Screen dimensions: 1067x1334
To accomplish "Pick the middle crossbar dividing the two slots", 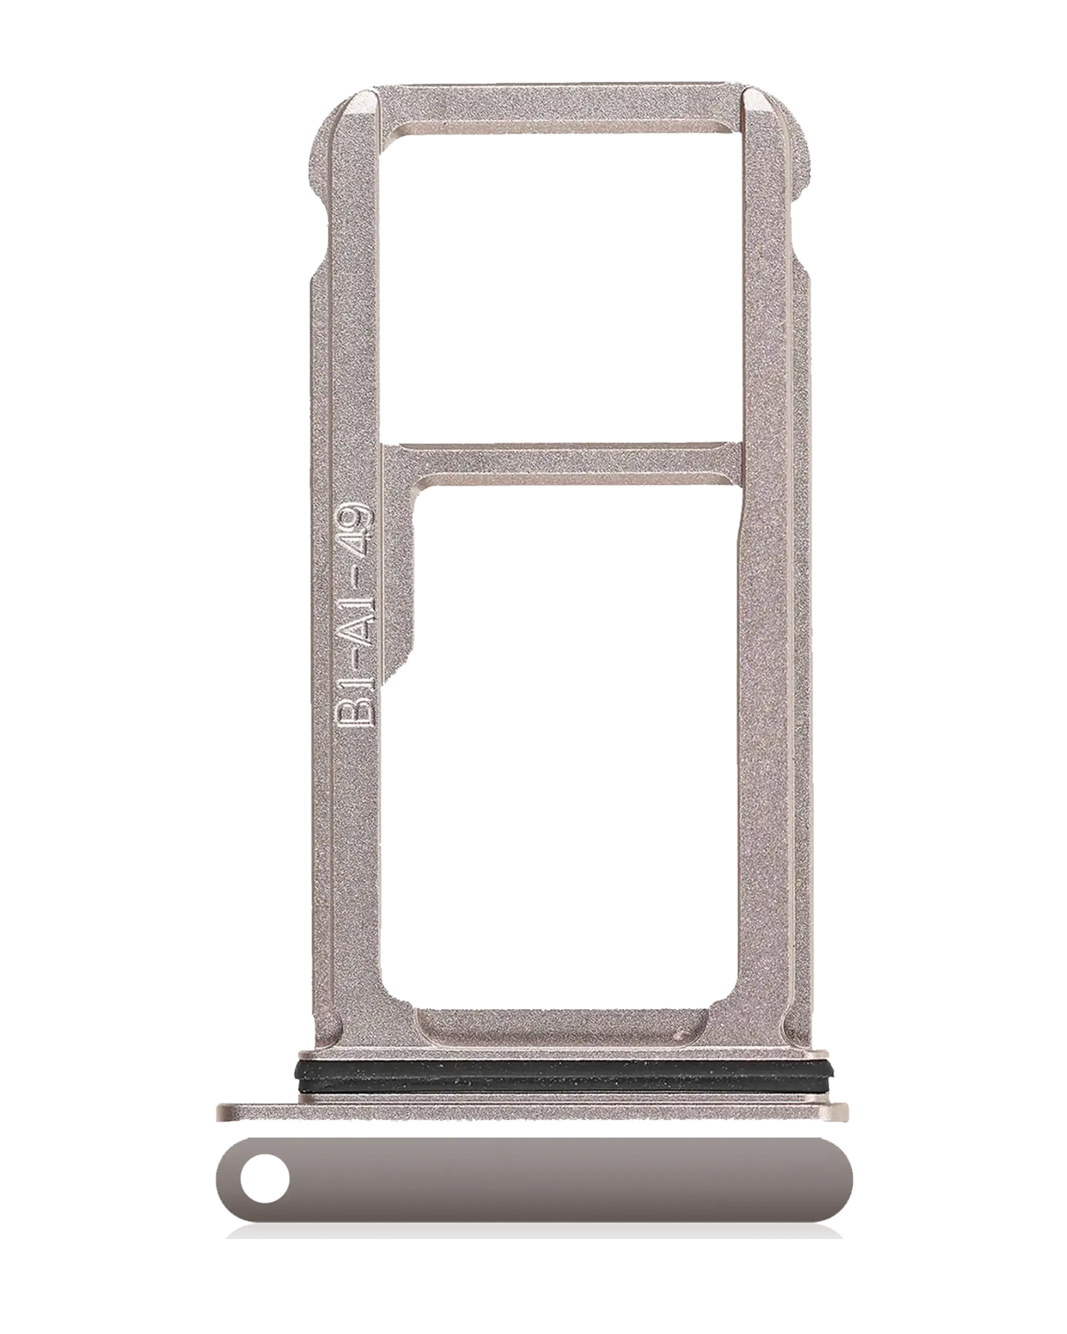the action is [562, 463].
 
